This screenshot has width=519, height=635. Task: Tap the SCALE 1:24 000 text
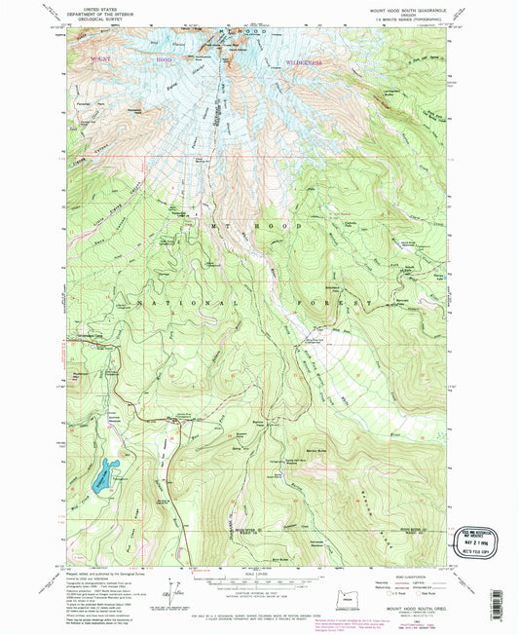point(256,572)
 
